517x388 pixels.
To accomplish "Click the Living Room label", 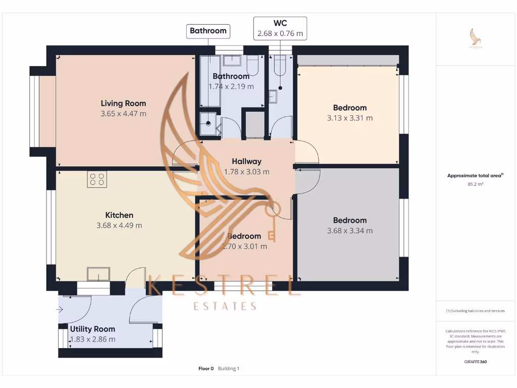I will click(x=123, y=103).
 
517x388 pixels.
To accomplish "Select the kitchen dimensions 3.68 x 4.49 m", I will click(x=119, y=225).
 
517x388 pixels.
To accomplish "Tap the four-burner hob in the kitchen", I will click(x=97, y=179).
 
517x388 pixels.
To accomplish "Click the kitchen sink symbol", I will click(x=98, y=274).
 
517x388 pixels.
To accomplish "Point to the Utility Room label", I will click(x=92, y=329).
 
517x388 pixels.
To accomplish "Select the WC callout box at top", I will click(x=280, y=28).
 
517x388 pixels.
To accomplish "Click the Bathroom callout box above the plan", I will click(x=208, y=31).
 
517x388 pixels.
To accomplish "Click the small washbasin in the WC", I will click(x=273, y=96).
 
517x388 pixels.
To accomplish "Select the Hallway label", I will click(x=246, y=161).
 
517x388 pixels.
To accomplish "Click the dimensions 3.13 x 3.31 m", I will click(x=350, y=118).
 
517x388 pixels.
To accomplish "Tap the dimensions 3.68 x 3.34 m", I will click(x=350, y=231).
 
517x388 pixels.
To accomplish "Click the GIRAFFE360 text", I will click(x=475, y=362).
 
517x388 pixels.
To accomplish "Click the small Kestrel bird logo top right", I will click(x=475, y=38).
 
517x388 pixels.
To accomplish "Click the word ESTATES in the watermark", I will click(x=225, y=306).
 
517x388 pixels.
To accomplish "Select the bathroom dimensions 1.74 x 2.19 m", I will click(x=231, y=86).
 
